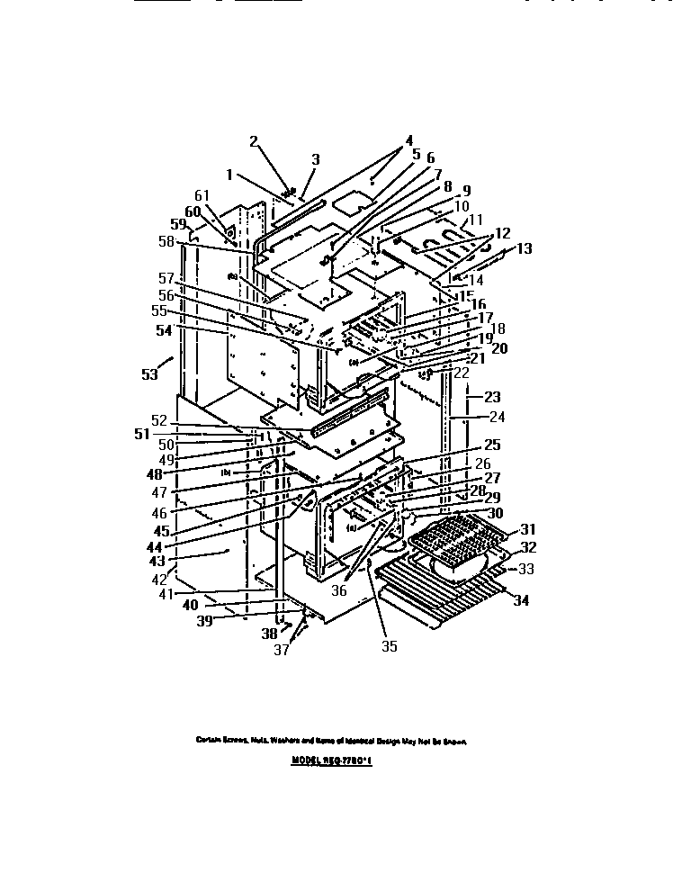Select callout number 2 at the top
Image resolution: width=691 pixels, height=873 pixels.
point(254,140)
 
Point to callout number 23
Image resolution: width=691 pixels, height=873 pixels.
point(491,396)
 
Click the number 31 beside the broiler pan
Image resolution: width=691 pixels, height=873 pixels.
point(527,528)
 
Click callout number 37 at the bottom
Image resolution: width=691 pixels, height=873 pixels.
point(282,649)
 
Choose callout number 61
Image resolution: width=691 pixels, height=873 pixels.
point(202,194)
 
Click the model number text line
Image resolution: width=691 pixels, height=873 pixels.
point(332,760)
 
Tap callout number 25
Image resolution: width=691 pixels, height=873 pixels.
point(491,445)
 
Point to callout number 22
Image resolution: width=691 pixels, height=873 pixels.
point(462,372)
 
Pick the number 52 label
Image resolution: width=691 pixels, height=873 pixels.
point(158,419)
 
